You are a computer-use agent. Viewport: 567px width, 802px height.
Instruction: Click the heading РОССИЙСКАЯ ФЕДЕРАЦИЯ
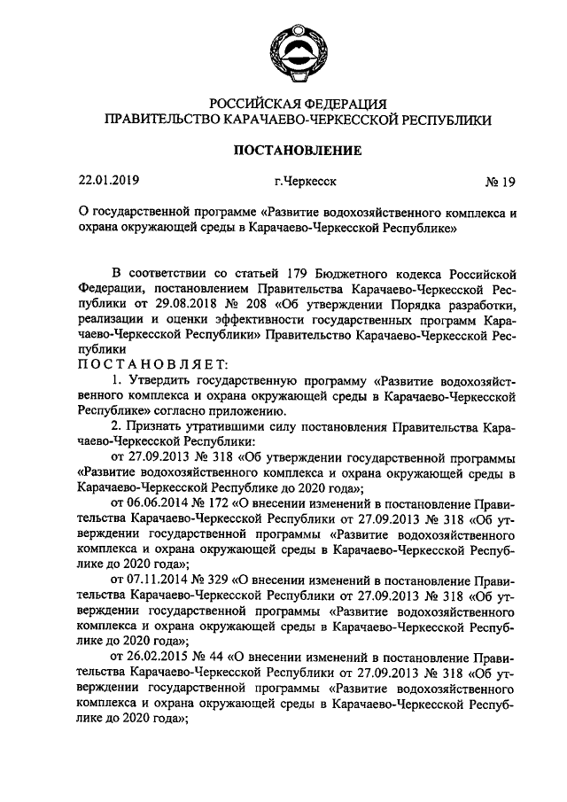pyautogui.click(x=297, y=104)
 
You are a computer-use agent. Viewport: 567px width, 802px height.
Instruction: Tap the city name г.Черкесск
pyautogui.click(x=306, y=183)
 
